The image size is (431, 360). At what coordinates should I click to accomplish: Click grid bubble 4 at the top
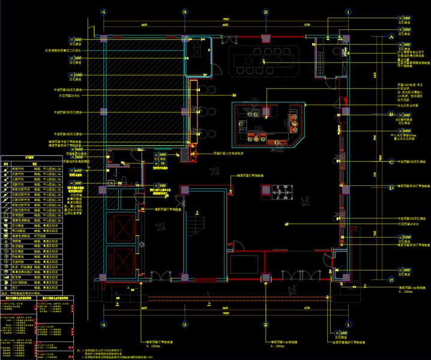(103, 11)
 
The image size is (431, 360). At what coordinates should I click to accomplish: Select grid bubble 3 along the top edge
(184, 11)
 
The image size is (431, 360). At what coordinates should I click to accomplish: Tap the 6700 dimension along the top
(306, 25)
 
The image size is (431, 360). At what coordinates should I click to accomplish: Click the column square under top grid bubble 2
(265, 38)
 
